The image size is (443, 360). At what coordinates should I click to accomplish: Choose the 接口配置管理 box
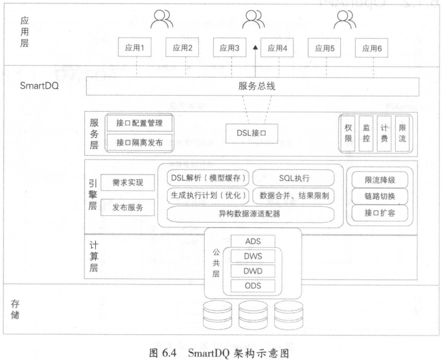[x=139, y=124]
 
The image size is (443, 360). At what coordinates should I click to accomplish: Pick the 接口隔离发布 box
[x=139, y=142]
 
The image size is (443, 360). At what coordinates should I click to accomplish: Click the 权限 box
[x=348, y=133]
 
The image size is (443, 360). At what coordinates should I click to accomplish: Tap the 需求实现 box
[x=128, y=183]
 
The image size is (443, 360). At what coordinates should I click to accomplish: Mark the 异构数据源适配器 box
[x=250, y=214]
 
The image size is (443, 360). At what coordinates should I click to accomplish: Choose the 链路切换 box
[x=380, y=197]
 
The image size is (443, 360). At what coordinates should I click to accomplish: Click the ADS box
[x=253, y=242]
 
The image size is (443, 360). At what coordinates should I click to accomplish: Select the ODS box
[x=253, y=286]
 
